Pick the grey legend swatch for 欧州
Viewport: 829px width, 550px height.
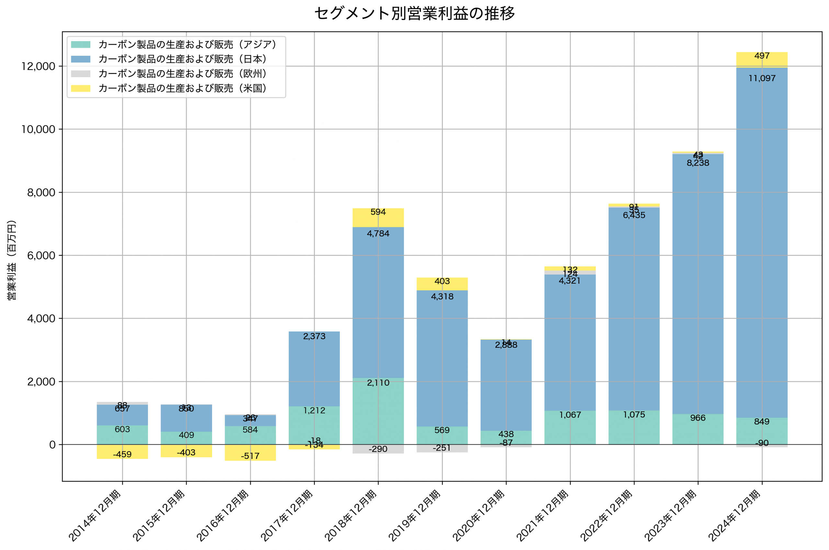[x=81, y=74]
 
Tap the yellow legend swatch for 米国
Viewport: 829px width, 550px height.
[x=81, y=88]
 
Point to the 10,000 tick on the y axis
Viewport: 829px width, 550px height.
[x=38, y=129]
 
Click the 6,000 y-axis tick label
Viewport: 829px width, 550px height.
[x=41, y=256]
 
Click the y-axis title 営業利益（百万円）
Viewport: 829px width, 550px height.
[x=12, y=260]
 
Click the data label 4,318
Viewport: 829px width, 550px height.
[x=442, y=297]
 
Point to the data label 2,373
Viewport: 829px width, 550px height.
[x=314, y=336]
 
